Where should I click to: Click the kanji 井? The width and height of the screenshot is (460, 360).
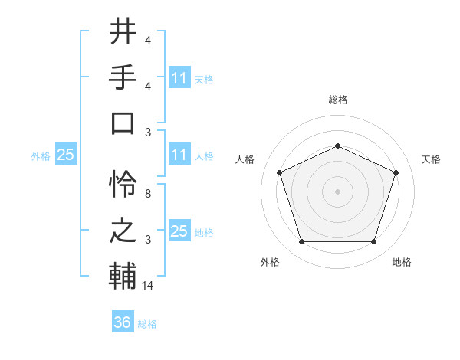tap(123, 33)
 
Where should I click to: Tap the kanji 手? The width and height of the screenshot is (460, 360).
tap(123, 77)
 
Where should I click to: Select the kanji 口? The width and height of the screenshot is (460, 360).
tap(123, 123)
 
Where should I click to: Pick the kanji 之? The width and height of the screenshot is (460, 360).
tap(123, 231)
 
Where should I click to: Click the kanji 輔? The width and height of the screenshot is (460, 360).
tap(123, 277)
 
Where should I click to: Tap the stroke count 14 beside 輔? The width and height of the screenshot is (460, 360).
tap(149, 286)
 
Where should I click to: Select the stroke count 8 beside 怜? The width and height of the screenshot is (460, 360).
tap(148, 194)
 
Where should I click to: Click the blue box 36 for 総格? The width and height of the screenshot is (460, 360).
tap(123, 323)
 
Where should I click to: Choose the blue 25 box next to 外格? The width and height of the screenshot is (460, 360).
tap(65, 155)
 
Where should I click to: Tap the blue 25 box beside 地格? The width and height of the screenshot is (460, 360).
tap(179, 231)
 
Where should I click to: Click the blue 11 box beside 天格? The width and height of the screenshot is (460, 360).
tap(179, 78)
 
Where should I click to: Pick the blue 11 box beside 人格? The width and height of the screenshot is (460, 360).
tap(179, 155)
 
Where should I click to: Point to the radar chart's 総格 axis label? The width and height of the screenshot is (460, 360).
tap(337, 100)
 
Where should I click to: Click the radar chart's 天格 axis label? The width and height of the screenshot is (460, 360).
tap(431, 159)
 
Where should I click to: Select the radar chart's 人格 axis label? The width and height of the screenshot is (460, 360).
tap(245, 159)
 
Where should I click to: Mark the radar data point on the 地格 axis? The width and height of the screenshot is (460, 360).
tap(373, 241)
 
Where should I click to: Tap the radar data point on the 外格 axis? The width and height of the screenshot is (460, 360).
tap(301, 241)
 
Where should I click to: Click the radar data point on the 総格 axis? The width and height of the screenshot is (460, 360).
tap(337, 146)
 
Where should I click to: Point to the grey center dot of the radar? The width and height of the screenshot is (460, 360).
tap(337, 191)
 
